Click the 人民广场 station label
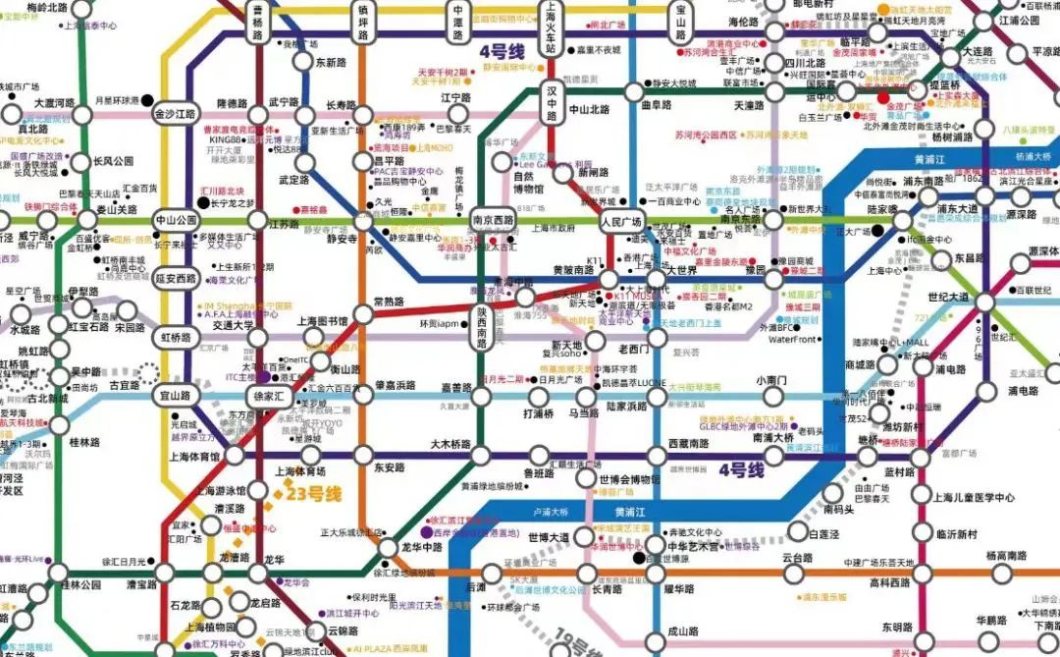(x=620, y=221)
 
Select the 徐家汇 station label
(x=268, y=396)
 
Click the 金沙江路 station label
(x=176, y=113)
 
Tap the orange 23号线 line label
(x=313, y=494)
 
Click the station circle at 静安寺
(x=363, y=222)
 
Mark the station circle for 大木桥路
(x=480, y=455)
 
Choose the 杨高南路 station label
(x=1004, y=556)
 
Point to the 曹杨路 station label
(x=258, y=22)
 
